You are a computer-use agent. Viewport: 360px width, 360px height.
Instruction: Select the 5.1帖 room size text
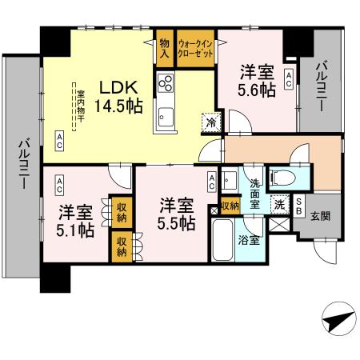[76, 230]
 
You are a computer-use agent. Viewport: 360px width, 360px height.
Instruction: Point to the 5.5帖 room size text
[176, 223]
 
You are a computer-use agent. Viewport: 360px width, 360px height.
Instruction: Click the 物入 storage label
[164, 49]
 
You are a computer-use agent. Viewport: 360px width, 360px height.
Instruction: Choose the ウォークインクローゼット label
[195, 49]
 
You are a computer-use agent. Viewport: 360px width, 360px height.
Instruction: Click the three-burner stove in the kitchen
[166, 83]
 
